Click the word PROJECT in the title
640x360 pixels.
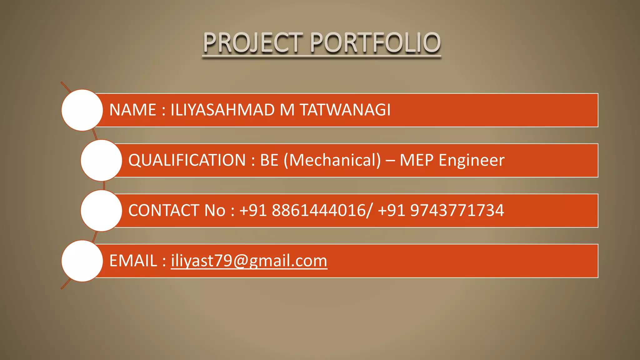click(x=253, y=43)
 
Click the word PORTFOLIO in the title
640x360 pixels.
click(x=375, y=43)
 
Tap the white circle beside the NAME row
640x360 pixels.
click(x=82, y=110)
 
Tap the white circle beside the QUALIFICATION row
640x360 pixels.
click(x=101, y=160)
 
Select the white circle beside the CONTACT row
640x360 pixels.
click(x=101, y=211)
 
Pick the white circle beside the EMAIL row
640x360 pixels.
click(x=82, y=261)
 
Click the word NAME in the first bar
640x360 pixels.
click(x=132, y=110)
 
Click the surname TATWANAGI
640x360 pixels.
click(x=345, y=110)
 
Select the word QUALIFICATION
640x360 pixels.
click(x=187, y=160)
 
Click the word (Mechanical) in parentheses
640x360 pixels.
click(x=332, y=160)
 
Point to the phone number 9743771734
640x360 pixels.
click(x=457, y=211)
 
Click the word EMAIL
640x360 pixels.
click(x=133, y=261)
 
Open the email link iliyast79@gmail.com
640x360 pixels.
click(x=249, y=261)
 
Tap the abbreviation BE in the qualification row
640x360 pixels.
click(x=269, y=160)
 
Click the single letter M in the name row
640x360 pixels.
click(x=287, y=110)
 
